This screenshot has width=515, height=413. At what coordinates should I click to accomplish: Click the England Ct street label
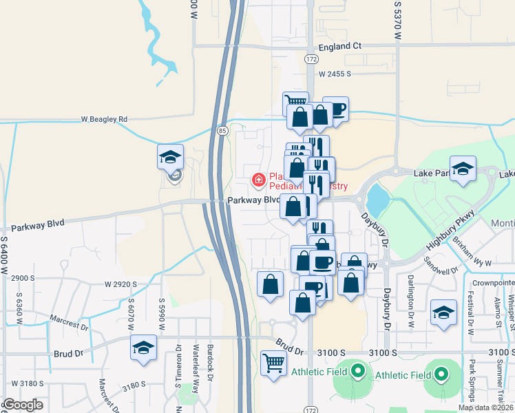click(340, 47)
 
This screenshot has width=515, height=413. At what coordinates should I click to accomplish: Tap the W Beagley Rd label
click(104, 119)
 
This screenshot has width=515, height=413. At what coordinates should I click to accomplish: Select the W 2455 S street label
click(335, 73)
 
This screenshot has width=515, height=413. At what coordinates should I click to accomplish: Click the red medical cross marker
click(259, 180)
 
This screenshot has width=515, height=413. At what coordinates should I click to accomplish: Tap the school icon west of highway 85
click(170, 158)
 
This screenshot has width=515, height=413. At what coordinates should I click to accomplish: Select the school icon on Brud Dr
click(143, 348)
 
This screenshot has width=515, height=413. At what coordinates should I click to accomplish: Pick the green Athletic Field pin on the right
click(441, 374)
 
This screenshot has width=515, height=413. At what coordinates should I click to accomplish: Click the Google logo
click(23, 405)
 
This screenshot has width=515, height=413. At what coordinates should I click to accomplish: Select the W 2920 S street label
click(122, 284)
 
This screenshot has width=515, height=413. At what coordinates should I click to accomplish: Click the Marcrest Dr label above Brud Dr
click(70, 322)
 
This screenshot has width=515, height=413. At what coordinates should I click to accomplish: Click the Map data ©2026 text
click(485, 407)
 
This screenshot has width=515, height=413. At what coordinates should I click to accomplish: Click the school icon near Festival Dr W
click(443, 312)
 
